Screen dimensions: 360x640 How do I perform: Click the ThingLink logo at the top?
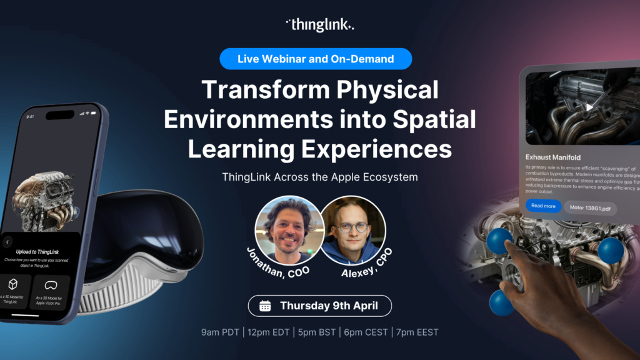point(319,25)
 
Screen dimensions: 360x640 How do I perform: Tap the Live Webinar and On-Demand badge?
point(316,59)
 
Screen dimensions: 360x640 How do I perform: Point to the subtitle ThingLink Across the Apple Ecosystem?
point(319,177)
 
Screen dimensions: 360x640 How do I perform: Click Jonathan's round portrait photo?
point(289,229)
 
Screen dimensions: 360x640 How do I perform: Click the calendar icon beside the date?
point(265,306)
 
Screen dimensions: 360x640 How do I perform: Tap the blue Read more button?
point(543,206)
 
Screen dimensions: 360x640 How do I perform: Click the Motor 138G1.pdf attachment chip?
point(590,207)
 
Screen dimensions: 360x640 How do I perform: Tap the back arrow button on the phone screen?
point(7,242)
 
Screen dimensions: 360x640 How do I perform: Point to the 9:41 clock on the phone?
point(30,116)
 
